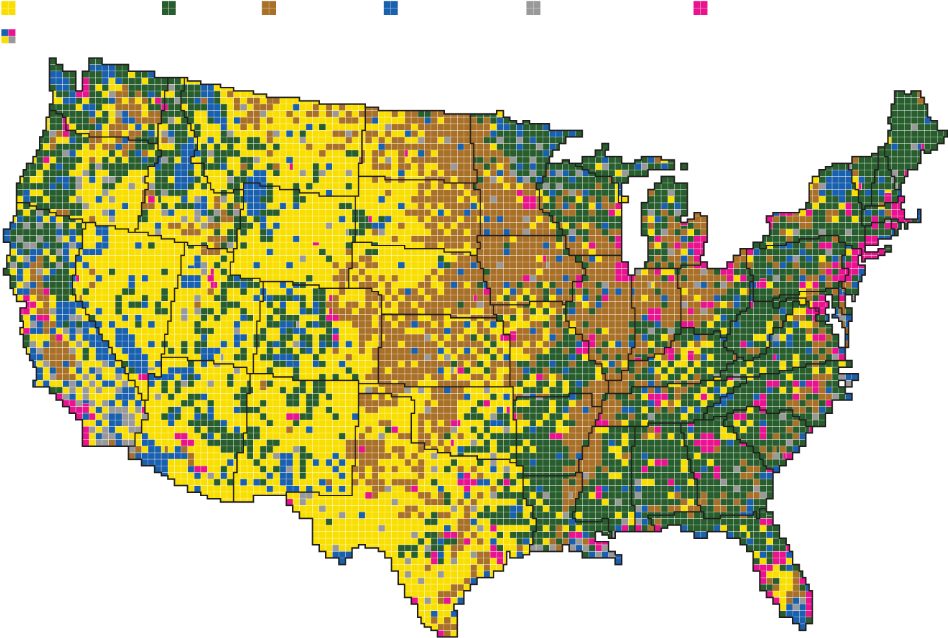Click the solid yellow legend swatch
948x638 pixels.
pos(8,8)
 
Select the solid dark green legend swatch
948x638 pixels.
pos(168,8)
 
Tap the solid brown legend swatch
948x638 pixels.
pos(269,8)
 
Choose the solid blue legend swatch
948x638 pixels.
pos(390,8)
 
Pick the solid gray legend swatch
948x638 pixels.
pos(533,8)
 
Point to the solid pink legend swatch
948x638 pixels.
pos(700,8)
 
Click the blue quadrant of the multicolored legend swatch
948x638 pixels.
pos(5,32)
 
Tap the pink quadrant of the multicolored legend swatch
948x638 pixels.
pos(12,32)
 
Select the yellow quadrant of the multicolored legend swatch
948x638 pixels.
pos(5,40)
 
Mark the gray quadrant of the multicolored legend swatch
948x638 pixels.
pos(12,40)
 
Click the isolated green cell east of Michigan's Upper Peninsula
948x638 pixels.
pos(684,166)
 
